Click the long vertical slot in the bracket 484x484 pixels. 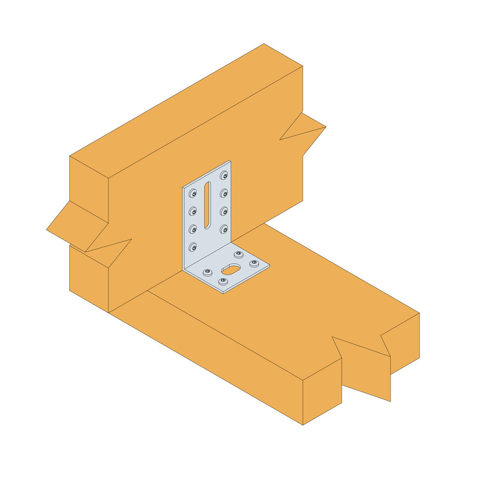207,205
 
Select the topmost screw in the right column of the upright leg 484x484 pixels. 224,176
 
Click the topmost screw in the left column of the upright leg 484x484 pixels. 193,194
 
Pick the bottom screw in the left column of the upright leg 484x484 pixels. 193,247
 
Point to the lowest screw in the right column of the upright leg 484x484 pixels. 224,228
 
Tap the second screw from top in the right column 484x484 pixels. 224,194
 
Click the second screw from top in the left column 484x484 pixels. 193,211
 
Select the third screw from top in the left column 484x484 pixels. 193,229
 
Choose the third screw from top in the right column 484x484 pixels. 224,211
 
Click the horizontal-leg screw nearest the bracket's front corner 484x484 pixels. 223,282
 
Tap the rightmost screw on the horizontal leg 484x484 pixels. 254,263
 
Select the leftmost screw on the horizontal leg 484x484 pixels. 207,272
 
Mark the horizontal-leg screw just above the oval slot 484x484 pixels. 239,255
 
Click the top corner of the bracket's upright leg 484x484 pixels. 230,162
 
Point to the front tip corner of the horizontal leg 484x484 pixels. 223,293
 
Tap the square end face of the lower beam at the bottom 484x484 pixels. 322,392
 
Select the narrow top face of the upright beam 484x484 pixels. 187,110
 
